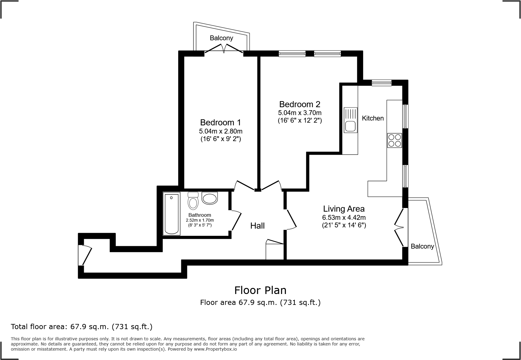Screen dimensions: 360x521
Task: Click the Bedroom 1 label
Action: [x=221, y=123]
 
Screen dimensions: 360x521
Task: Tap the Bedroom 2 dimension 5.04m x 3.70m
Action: [x=300, y=113]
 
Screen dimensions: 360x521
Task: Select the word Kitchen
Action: [x=373, y=118]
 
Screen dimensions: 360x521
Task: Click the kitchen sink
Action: [x=350, y=120]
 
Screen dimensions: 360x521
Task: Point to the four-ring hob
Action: [x=395, y=140]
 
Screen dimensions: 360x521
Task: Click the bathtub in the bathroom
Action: [x=172, y=214]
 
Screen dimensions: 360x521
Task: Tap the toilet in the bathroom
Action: [x=193, y=201]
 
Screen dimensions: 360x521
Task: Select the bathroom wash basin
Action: [x=209, y=198]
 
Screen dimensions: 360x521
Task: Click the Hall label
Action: [x=257, y=226]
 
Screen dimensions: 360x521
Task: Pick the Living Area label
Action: [x=344, y=209]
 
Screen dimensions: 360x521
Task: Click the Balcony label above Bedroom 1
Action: [x=221, y=38]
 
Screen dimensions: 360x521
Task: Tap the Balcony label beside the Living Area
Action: [x=422, y=246]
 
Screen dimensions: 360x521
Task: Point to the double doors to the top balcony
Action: [x=224, y=49]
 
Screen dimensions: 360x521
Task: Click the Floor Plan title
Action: [x=260, y=290]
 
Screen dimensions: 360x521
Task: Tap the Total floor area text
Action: [x=81, y=327]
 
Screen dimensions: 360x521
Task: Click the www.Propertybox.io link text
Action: [x=215, y=349]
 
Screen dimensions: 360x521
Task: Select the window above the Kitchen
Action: [x=382, y=83]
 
